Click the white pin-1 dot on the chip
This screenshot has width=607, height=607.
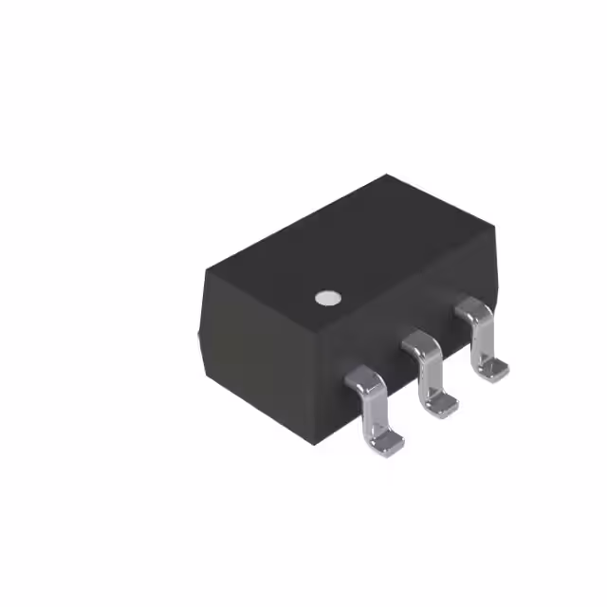point(327,298)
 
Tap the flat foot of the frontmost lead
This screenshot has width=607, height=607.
point(387,440)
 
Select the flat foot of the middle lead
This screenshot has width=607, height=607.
point(440,404)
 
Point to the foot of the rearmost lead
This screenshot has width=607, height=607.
point(491,368)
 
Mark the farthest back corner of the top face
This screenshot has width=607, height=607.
point(387,175)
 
